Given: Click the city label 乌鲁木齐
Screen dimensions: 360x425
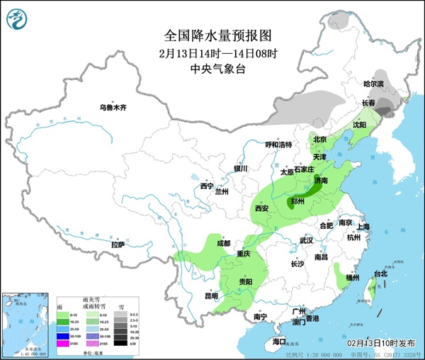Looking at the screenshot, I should [112, 107].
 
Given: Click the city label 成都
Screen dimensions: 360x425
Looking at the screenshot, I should [223, 243].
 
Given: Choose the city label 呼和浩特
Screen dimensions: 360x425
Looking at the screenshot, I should [278, 145].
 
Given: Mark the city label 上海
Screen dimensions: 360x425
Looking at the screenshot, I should [364, 227].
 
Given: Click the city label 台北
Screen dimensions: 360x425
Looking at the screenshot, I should [380, 274].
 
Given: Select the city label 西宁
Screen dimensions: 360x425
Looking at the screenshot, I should [206, 186].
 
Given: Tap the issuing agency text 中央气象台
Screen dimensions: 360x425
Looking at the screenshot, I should [212, 69].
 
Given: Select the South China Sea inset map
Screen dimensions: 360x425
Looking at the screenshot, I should [25, 322].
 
